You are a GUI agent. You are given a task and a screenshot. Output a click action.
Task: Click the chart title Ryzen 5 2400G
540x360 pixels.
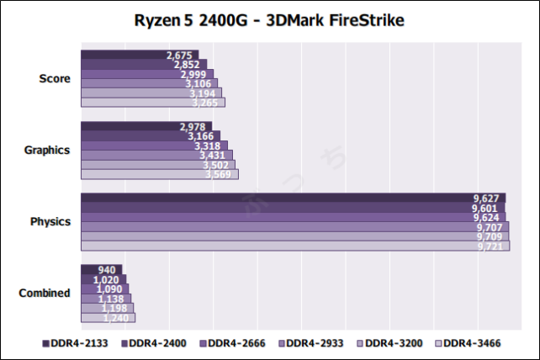pos(269,19)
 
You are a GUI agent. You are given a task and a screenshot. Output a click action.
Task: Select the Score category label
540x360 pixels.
pos(55,78)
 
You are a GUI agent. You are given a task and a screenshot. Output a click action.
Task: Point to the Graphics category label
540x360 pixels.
pos(48,151)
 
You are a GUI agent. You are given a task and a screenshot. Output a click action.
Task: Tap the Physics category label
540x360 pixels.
pos(50,222)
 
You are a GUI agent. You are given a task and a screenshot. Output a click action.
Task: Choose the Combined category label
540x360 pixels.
pos(45,294)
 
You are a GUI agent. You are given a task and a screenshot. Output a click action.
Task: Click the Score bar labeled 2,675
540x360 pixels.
pos(140,55)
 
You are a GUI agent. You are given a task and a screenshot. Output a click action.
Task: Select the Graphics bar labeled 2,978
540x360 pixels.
pos(146,126)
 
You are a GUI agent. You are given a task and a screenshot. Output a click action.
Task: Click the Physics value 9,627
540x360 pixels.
pos(487,199)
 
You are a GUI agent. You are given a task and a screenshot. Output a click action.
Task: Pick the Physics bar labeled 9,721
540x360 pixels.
pos(294,246)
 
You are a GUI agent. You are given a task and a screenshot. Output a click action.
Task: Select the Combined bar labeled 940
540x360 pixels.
pos(101,270)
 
